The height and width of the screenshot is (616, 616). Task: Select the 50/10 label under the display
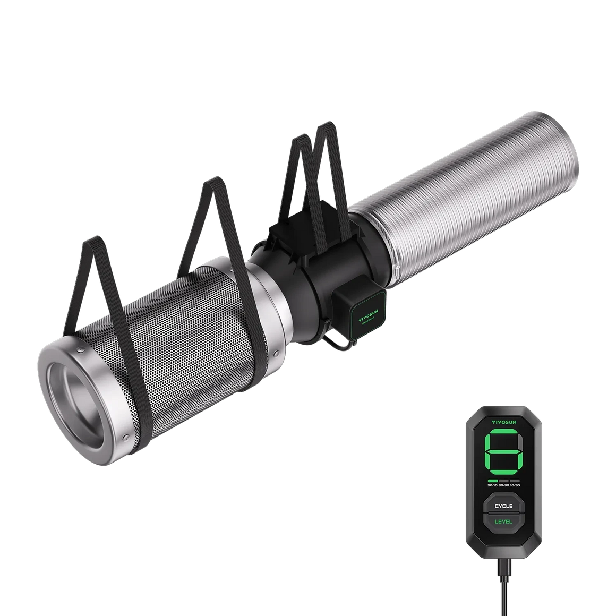point(492,485)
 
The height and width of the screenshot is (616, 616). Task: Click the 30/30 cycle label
point(503,485)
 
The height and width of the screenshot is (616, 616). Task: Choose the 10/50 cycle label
point(515,485)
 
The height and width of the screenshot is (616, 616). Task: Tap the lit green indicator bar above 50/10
point(492,480)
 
